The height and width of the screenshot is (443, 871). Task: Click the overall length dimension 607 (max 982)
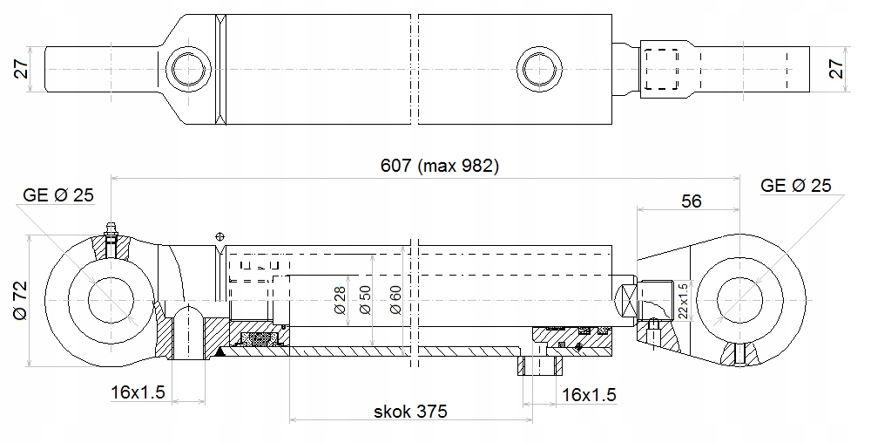439,166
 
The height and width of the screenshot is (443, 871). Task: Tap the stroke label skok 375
410,412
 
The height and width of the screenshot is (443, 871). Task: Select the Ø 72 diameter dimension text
20,300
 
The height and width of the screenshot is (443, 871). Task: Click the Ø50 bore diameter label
365,300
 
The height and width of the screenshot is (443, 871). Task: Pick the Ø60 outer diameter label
395,300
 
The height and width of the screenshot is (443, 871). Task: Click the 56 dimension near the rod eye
691,201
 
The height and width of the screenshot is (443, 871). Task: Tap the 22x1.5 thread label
683,301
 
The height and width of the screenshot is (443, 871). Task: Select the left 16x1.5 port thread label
138,392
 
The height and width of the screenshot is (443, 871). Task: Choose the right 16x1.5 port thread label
589,395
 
